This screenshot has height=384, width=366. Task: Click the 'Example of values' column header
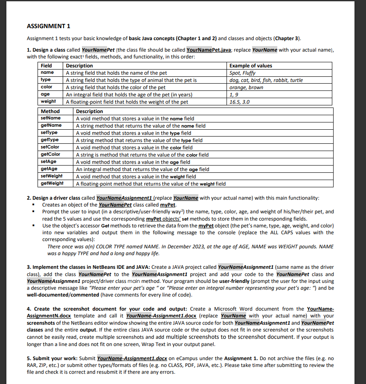[x=250, y=66]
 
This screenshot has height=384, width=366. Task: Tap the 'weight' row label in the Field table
[x=48, y=102]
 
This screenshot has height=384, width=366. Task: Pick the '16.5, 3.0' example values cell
[x=239, y=102]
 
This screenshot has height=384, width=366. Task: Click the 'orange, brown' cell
[x=246, y=87]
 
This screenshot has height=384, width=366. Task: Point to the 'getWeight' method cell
[x=52, y=183]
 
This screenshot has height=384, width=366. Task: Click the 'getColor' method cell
[x=51, y=154]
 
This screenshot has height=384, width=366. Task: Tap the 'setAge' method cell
[x=49, y=162]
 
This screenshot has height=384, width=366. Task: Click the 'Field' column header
[x=46, y=66]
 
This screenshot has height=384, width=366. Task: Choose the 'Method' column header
[x=50, y=111]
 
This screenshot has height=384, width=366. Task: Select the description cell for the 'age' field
[x=129, y=95]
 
